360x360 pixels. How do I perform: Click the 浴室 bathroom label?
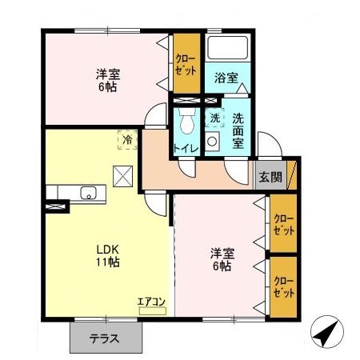coord(226,78)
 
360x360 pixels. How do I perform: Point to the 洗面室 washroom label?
coord(238,130)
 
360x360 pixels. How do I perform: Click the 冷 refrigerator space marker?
coord(127,140)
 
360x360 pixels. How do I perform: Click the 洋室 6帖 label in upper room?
coord(106,80)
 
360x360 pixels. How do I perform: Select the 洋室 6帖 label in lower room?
coord(222,259)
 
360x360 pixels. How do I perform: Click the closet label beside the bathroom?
coord(186,64)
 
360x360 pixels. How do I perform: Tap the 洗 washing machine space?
coord(214,118)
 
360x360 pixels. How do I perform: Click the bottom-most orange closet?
coord(283,286)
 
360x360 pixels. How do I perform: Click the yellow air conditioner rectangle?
coord(151,310)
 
